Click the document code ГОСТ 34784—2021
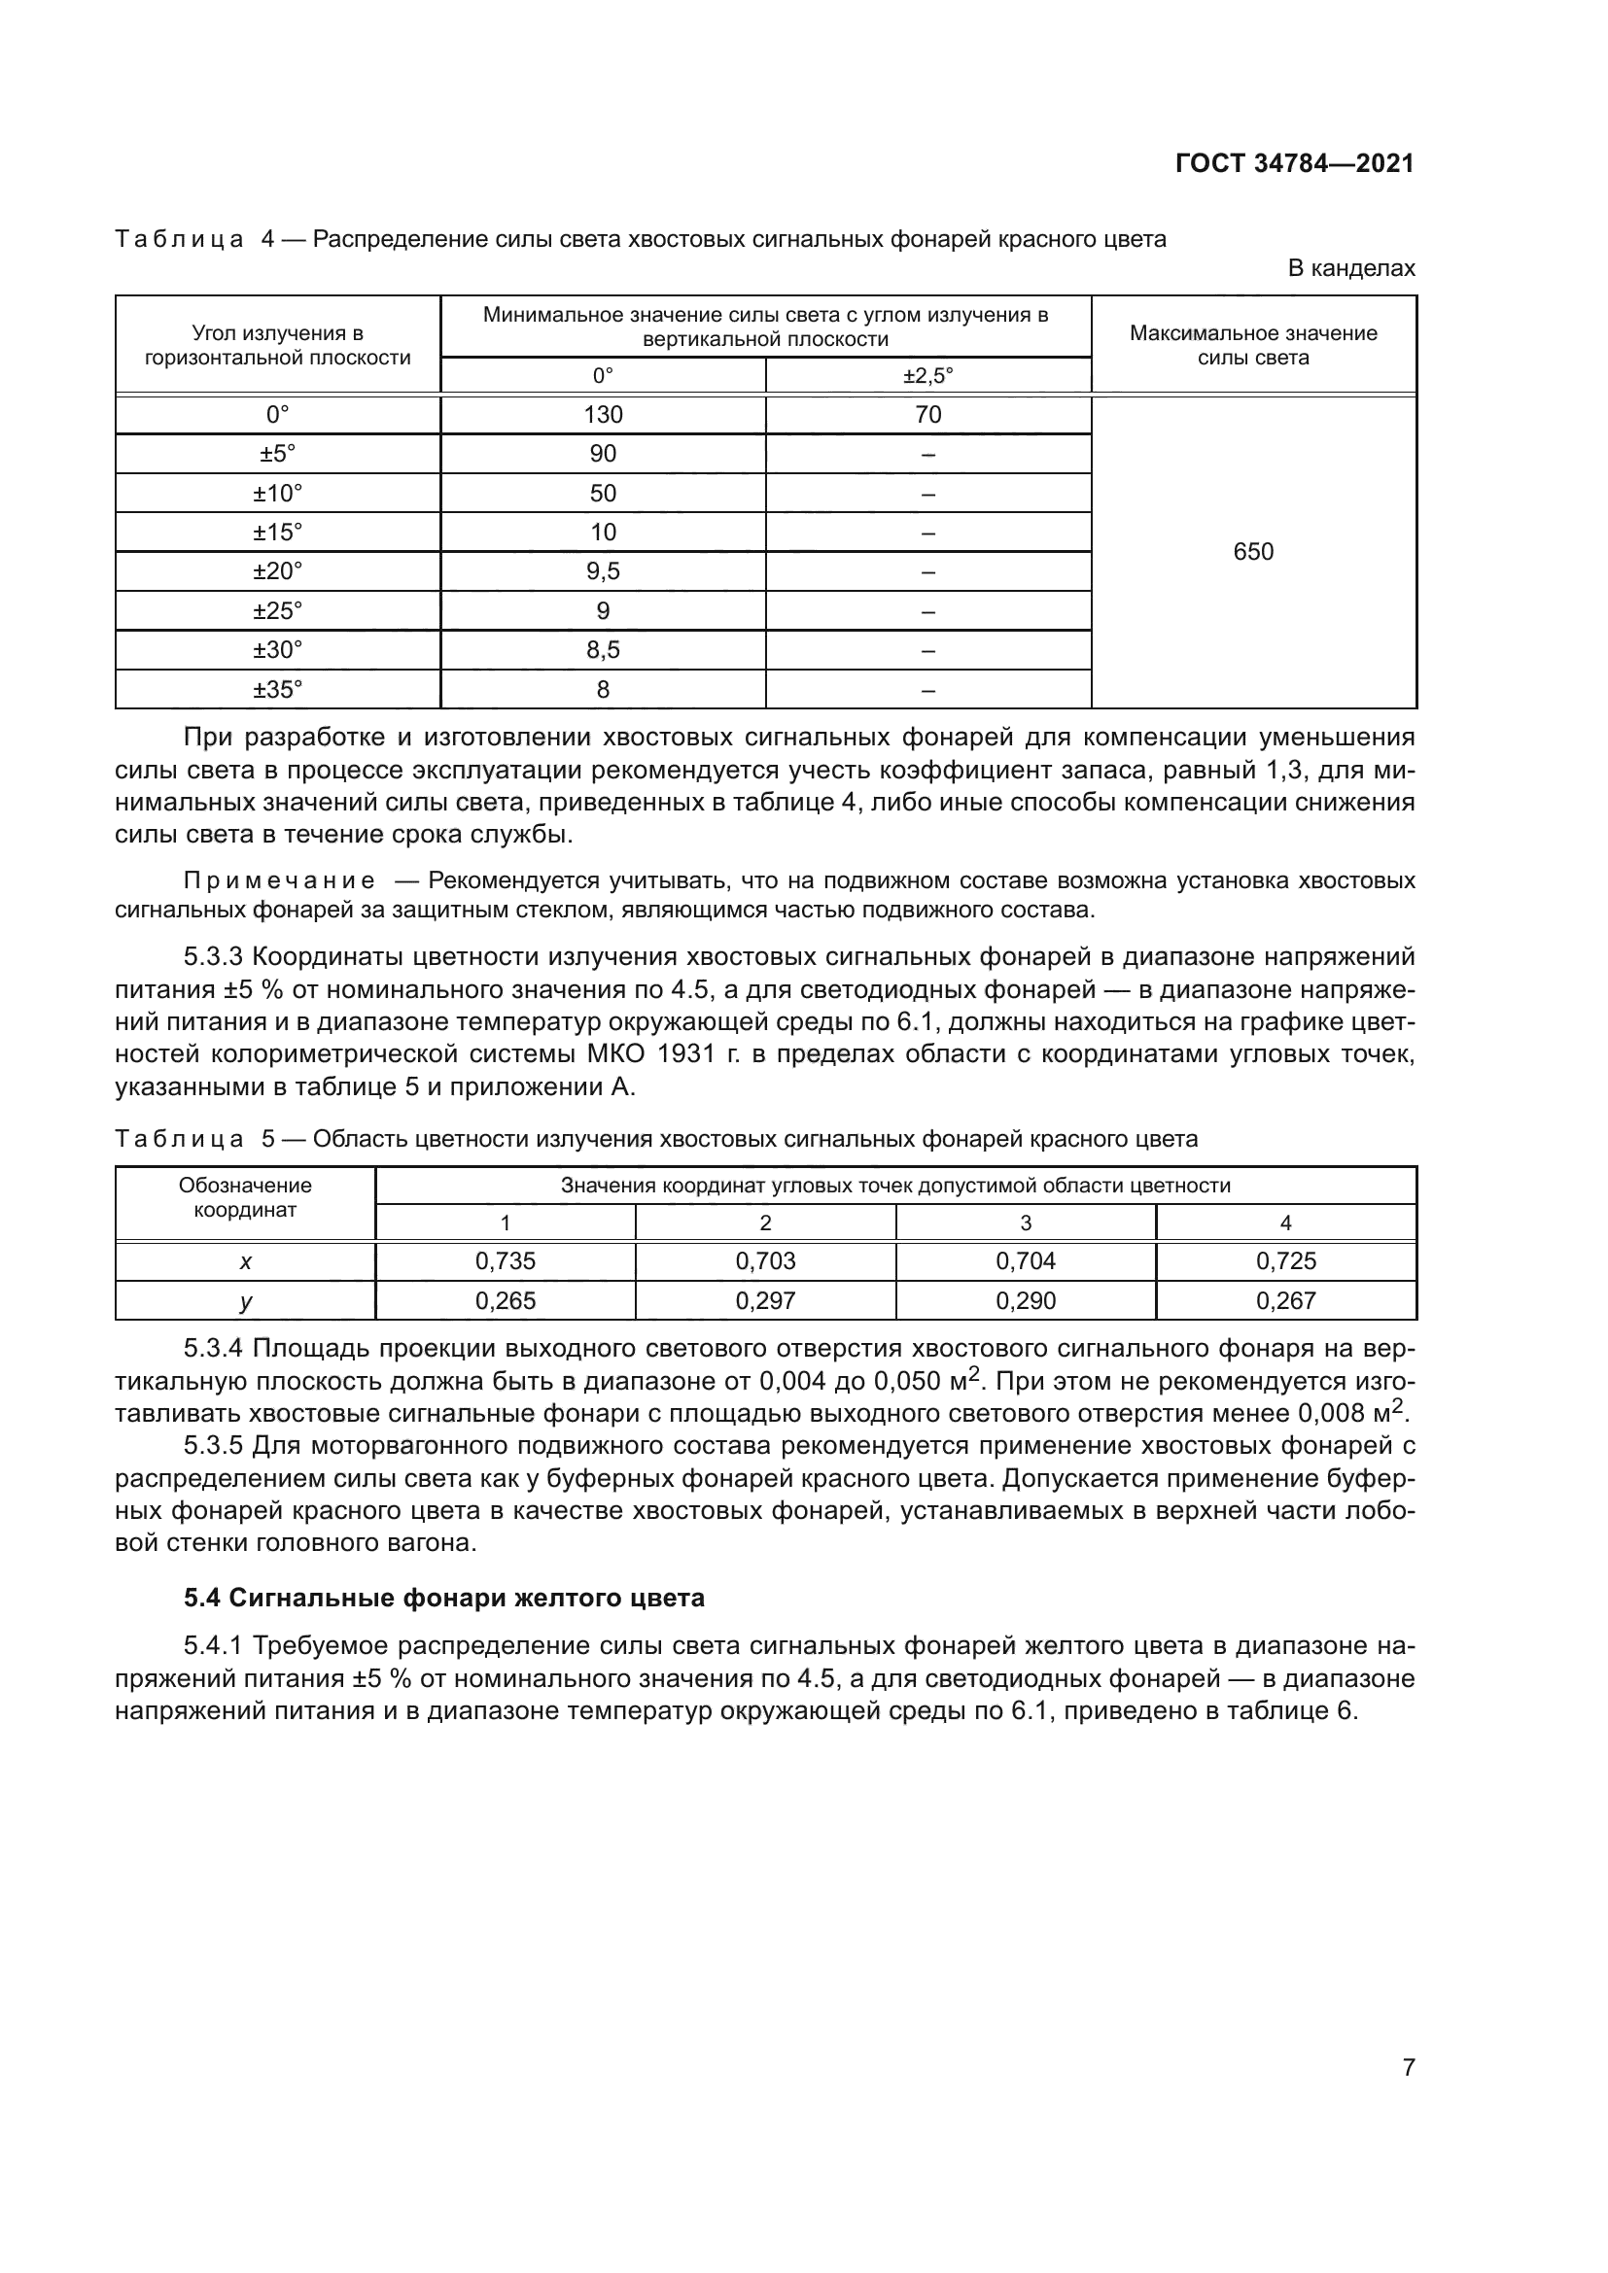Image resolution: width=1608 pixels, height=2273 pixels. coord(1294,164)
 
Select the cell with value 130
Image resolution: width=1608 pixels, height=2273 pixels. coord(603,415)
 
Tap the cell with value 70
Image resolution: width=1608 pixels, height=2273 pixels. coord(927,415)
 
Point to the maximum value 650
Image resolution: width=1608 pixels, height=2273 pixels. coord(1252,552)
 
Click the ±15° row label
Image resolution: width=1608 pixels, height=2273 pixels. coord(277,533)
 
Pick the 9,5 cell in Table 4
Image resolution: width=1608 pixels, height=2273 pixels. coord(603,572)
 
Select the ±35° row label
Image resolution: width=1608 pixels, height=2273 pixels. coord(277,690)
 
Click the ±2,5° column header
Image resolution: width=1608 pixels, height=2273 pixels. coord(927,376)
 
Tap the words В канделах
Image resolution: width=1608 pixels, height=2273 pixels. coord(1350,268)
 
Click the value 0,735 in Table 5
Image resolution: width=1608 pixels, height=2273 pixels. coord(505,1261)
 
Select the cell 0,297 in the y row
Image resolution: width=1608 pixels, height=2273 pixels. coord(765,1301)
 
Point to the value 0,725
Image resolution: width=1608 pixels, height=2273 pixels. coord(1285,1261)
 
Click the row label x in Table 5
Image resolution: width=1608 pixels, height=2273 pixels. coord(246,1262)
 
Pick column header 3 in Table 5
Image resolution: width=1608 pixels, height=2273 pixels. coord(1026,1223)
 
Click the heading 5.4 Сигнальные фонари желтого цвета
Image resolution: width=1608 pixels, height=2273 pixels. coord(444,1598)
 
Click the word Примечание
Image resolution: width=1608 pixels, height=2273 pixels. coord(279,881)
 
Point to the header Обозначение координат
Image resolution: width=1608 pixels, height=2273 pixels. coord(246,1198)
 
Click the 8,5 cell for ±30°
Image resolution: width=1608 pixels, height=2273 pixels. coord(603,650)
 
